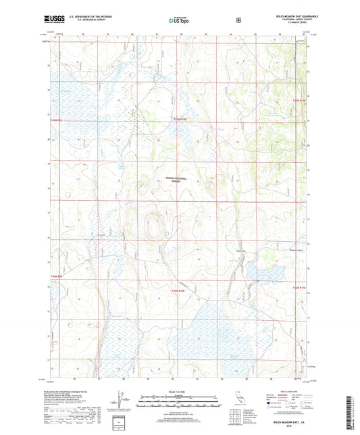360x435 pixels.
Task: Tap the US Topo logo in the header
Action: [x=179, y=20]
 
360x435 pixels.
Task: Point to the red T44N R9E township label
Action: [x=56, y=276]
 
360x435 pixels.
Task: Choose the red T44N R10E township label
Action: [x=170, y=290]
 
